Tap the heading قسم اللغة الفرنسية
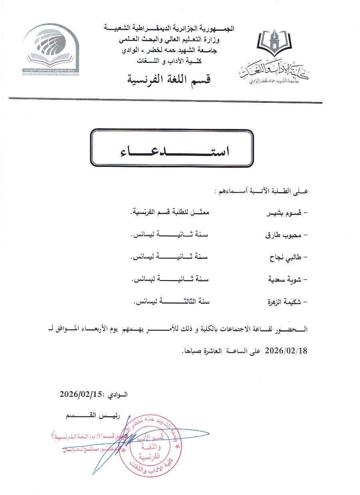click(168, 78)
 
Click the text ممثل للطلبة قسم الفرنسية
click(171, 213)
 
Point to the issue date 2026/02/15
click(82, 394)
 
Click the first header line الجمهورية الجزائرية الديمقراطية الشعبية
click(168, 28)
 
